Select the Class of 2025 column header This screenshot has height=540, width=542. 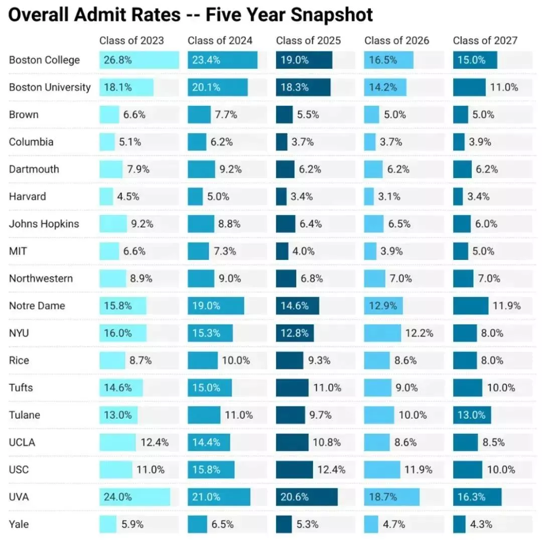[x=308, y=41]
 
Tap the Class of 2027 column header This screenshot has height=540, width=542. [x=485, y=41]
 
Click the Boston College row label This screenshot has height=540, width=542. [x=44, y=60]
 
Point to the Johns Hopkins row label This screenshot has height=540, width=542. [x=44, y=224]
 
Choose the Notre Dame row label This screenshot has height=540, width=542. [x=37, y=306]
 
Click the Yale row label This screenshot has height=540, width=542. [x=19, y=524]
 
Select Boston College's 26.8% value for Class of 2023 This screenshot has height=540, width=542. [x=118, y=60]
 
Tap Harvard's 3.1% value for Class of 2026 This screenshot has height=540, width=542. [x=390, y=197]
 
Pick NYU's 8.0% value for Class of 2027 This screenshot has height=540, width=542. [x=492, y=333]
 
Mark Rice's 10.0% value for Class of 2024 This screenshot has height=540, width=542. [x=236, y=360]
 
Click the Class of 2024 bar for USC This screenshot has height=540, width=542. [x=211, y=470]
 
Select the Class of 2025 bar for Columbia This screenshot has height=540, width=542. [x=282, y=142]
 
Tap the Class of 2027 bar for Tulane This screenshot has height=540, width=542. [x=472, y=415]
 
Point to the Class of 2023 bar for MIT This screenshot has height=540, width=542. [x=109, y=251]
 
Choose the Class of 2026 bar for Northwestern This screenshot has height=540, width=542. [x=375, y=279]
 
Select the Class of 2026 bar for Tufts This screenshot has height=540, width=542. [x=377, y=388]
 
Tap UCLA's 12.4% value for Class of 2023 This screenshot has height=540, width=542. [x=155, y=443]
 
